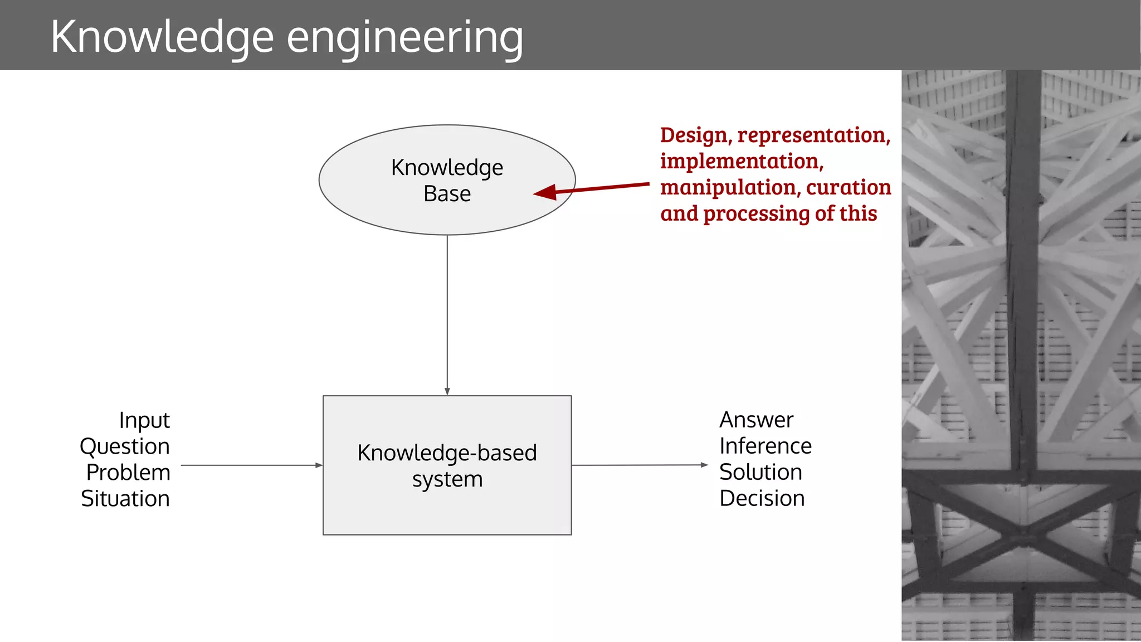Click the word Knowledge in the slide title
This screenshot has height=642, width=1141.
pos(162,37)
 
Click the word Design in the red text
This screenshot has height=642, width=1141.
pos(693,135)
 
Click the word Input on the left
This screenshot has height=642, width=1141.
pos(144,421)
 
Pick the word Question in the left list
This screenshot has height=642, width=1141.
pos(124,446)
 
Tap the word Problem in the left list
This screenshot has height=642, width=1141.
pos(128,473)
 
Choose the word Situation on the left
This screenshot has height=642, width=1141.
pos(125,499)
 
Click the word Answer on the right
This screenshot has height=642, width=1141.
pos(756,420)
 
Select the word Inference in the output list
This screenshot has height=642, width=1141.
pos(765,446)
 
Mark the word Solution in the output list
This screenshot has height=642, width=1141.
pos(760,472)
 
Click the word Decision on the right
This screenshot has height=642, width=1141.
pos(762,498)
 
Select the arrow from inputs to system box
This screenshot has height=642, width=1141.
pos(251,465)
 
